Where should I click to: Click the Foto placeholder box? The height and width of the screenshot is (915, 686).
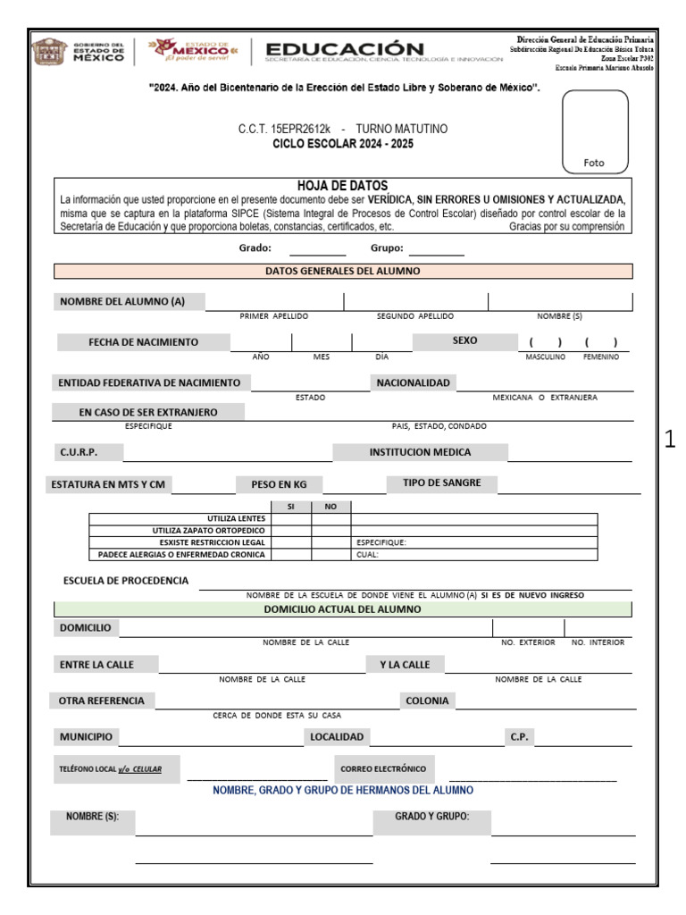(594, 131)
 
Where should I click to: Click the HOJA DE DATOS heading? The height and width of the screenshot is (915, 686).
(343, 185)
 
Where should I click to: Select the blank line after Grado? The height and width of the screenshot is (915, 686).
(293, 250)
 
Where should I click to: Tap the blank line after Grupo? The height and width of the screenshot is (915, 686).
(437, 250)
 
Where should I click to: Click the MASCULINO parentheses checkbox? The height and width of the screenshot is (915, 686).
(545, 342)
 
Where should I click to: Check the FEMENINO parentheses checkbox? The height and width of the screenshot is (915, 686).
(601, 342)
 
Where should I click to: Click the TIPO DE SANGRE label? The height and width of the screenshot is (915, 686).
(441, 483)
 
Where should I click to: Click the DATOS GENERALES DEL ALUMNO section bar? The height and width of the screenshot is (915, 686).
(343, 271)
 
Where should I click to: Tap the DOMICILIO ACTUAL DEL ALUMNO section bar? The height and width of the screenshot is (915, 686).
(343, 609)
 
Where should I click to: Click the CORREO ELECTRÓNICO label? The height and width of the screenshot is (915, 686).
(383, 768)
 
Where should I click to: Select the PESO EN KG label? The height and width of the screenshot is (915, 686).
(278, 484)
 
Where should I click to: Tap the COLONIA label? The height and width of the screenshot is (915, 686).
(427, 701)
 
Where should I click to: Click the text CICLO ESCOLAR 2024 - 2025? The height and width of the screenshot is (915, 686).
(343, 144)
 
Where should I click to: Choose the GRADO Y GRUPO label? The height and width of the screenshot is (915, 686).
(431, 817)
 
